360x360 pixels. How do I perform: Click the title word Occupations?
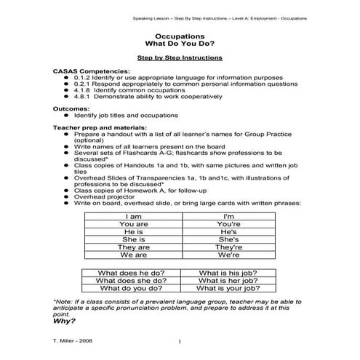point(179,35)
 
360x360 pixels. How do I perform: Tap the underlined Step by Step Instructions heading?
point(180,57)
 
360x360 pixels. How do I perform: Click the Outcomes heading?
point(71,108)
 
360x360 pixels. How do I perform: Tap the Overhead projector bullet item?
point(104,196)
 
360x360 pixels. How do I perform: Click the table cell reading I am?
point(133,217)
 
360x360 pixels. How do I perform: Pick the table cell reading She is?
point(133,239)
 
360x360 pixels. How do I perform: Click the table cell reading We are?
point(133,255)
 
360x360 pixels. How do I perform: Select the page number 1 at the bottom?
point(179,342)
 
